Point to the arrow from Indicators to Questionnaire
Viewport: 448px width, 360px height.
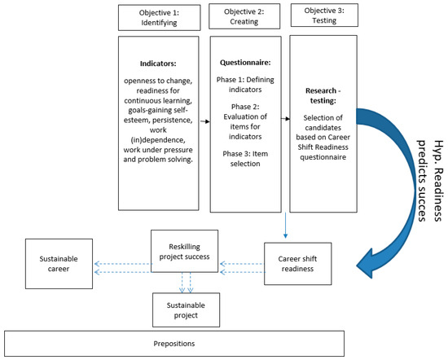[203, 117]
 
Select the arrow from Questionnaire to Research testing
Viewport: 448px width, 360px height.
[284, 117]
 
